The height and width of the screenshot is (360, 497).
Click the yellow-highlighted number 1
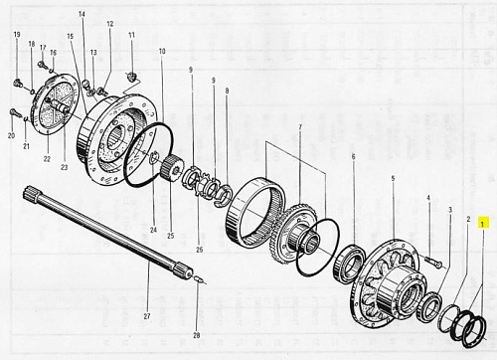click(482, 224)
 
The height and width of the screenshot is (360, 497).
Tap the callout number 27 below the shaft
click(147, 316)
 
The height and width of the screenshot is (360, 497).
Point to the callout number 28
click(197, 335)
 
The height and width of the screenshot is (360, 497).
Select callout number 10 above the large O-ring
click(162, 52)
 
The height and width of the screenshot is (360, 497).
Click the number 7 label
click(300, 127)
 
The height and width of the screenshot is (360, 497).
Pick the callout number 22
click(47, 159)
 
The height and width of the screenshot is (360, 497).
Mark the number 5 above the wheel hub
click(393, 178)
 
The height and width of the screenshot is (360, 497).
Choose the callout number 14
click(82, 14)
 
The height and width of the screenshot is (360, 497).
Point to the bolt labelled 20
click(15, 113)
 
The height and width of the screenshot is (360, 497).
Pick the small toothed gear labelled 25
click(171, 167)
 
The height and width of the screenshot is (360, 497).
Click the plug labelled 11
click(132, 78)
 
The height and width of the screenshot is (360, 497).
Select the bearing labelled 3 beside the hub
click(429, 306)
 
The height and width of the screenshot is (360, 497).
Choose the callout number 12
click(110, 24)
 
